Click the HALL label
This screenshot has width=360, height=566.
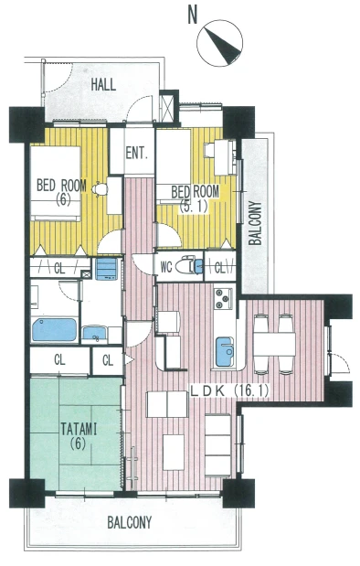click(103, 85)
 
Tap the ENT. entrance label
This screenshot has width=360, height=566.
click(137, 154)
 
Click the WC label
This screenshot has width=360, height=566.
click(165, 268)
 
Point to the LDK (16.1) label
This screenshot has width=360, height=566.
click(229, 391)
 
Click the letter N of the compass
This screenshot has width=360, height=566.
click(193, 16)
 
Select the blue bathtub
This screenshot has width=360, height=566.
click(55, 329)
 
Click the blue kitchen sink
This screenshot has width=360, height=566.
click(225, 351)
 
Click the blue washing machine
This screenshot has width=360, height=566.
click(107, 269)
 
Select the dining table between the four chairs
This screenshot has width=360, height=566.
click(274, 344)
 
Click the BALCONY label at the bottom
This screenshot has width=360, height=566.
click(130, 522)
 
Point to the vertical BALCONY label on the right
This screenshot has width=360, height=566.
click(255, 223)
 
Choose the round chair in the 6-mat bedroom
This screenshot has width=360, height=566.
click(100, 189)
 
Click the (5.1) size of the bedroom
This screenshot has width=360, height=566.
click(194, 207)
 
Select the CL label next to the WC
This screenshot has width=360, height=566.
click(219, 268)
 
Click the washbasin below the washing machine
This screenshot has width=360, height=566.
click(94, 333)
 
